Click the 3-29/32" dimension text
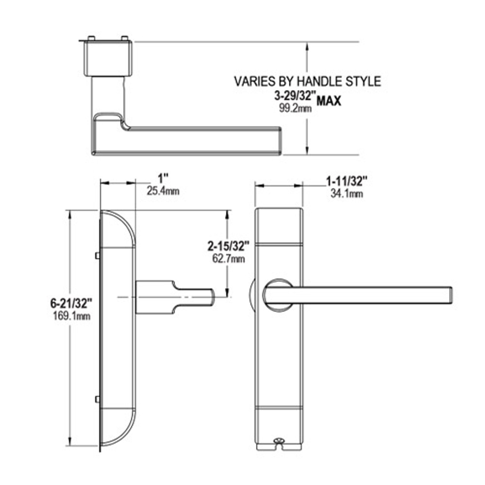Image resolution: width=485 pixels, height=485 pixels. click(294, 97)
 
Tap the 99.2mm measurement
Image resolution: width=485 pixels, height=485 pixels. click(295, 108)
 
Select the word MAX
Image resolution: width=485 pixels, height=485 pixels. click(329, 101)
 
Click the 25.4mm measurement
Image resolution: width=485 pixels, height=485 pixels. click(163, 191)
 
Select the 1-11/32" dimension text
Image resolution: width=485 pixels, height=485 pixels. click(347, 182)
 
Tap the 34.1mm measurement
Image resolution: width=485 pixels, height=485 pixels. click(347, 194)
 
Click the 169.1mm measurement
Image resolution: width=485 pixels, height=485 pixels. click(72, 316)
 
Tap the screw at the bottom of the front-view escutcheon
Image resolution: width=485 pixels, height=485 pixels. click(280, 441)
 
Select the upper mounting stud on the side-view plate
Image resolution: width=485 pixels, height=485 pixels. click(97, 256)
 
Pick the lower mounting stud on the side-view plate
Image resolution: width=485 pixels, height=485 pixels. click(97, 399)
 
